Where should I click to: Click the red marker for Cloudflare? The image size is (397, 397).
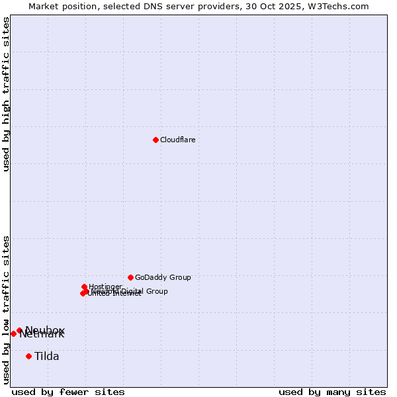(x=155, y=140)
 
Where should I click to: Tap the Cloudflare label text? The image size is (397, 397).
(x=177, y=140)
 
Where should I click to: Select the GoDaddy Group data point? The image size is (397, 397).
(x=130, y=277)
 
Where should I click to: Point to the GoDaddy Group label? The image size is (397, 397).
(x=163, y=277)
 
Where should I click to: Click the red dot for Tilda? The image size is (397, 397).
(x=28, y=356)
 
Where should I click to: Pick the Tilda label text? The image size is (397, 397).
(x=47, y=356)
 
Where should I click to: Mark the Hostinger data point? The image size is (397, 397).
(x=84, y=287)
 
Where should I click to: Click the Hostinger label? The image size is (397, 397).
(x=105, y=287)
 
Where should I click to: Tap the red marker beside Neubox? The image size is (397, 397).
(x=19, y=330)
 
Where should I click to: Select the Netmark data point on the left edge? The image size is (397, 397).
(x=13, y=333)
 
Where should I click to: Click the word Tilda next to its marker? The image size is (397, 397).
(x=47, y=356)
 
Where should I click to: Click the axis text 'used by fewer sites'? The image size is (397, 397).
(x=68, y=392)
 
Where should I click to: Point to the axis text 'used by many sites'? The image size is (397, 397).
(x=332, y=392)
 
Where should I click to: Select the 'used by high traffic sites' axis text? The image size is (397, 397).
(x=6, y=94)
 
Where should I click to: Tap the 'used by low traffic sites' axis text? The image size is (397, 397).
(x=6, y=310)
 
